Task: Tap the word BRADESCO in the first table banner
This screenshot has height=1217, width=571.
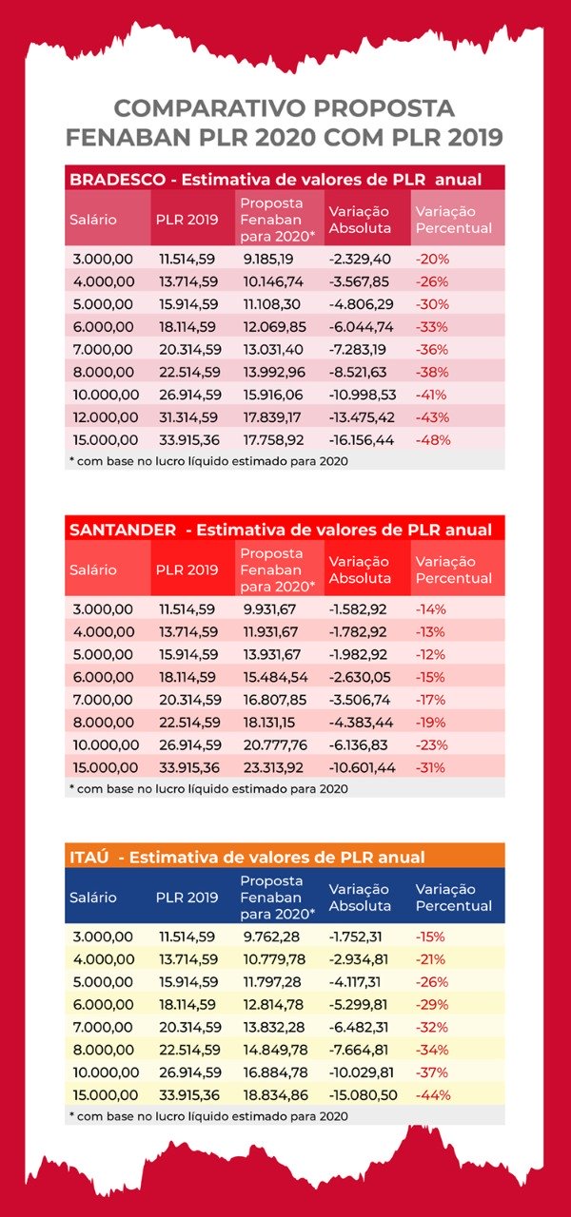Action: [x=117, y=180]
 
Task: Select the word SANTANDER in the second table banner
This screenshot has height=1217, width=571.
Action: [x=123, y=530]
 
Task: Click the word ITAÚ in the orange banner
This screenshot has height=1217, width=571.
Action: [x=89, y=858]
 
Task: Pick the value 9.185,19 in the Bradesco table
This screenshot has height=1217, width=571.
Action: [x=268, y=260]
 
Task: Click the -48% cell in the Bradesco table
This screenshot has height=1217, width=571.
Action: [x=433, y=440]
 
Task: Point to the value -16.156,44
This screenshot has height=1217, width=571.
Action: [x=361, y=440]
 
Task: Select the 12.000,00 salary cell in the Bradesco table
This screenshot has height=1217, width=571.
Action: [x=106, y=417]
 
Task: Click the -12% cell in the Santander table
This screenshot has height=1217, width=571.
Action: [x=431, y=655]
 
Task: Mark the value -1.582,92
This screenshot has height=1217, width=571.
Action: [x=358, y=609]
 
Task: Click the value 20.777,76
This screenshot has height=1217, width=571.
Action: [x=275, y=744]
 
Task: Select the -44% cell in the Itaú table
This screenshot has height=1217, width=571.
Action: [x=433, y=1095]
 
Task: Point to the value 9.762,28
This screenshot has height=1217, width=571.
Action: [x=271, y=937]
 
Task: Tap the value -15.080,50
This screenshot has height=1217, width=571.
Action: [x=363, y=1095]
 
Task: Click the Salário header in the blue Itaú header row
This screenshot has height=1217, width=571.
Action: [x=93, y=898]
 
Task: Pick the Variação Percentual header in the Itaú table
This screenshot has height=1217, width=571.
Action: [x=454, y=898]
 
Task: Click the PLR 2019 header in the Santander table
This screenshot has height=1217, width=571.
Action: [x=187, y=570]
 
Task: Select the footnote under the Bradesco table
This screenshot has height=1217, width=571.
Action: [x=208, y=461]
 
